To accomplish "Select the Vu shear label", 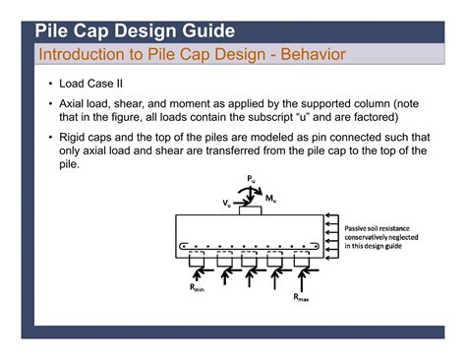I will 227,203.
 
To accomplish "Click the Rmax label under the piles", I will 302,296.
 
